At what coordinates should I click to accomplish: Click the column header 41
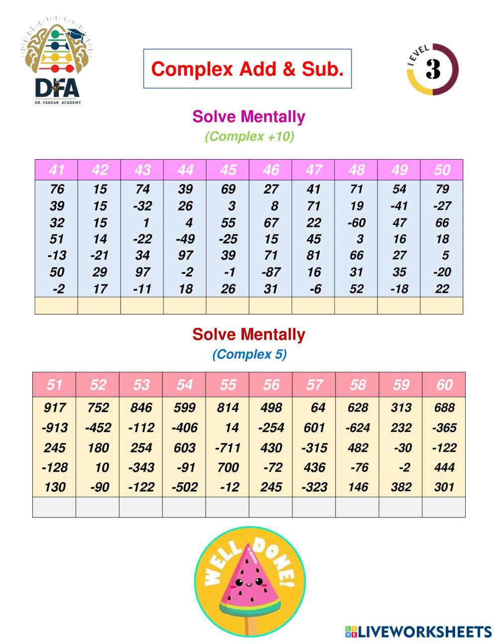[x=56, y=170]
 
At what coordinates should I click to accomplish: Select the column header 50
[x=442, y=170]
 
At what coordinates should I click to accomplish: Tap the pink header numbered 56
[x=271, y=385]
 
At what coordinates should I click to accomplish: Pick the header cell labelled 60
[x=444, y=385]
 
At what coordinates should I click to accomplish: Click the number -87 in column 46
[x=271, y=272]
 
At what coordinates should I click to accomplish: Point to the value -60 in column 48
[x=356, y=222]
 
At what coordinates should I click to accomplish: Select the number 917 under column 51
[x=54, y=408]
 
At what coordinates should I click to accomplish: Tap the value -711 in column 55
[x=228, y=448]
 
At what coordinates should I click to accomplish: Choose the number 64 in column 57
[x=317, y=408]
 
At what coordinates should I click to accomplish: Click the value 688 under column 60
[x=444, y=408]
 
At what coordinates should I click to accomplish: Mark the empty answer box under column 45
[x=228, y=306]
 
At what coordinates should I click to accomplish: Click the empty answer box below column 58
[x=357, y=507]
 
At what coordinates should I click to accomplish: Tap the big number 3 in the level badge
[x=433, y=69]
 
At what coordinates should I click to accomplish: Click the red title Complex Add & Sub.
[x=248, y=69]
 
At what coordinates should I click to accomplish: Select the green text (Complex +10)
[x=249, y=136]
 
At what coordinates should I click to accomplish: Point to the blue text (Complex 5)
[x=249, y=354]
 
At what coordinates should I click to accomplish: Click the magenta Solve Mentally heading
[x=249, y=117]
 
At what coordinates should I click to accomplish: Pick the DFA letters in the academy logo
[x=57, y=88]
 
